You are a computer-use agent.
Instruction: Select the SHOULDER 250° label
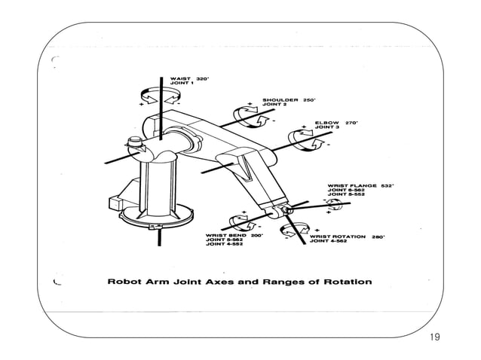tap(289, 99)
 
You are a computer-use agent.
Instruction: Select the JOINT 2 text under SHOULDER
tap(272, 105)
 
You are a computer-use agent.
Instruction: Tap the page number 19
tap(434, 337)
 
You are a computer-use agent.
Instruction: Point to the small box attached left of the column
tap(118, 202)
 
